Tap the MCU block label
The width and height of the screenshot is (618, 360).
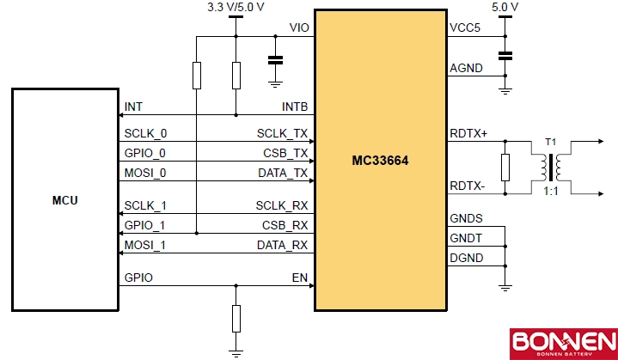tap(64, 200)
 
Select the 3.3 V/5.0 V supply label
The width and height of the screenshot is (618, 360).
tap(236, 8)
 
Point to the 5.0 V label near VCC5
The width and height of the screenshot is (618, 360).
tap(505, 8)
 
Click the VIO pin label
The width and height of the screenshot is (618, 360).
tap(298, 28)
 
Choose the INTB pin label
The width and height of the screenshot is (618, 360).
tap(295, 107)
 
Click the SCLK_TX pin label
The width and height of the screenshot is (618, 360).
tap(282, 134)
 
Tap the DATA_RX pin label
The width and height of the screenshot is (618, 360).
tap(282, 245)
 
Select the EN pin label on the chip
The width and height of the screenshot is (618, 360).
tap(300, 278)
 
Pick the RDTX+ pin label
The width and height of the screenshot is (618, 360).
tap(468, 133)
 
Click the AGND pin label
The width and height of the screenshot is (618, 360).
tap(466, 68)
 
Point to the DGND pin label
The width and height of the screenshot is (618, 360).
tap(466, 258)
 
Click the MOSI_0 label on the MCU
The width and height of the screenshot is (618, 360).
tap(145, 173)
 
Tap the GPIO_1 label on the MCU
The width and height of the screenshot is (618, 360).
tap(145, 225)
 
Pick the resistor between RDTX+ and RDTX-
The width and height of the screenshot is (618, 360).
tap(505, 166)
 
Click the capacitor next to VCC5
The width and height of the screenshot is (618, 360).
tap(505, 56)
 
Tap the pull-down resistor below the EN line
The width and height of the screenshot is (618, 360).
tap(236, 319)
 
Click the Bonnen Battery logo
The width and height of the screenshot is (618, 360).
tap(562, 343)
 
